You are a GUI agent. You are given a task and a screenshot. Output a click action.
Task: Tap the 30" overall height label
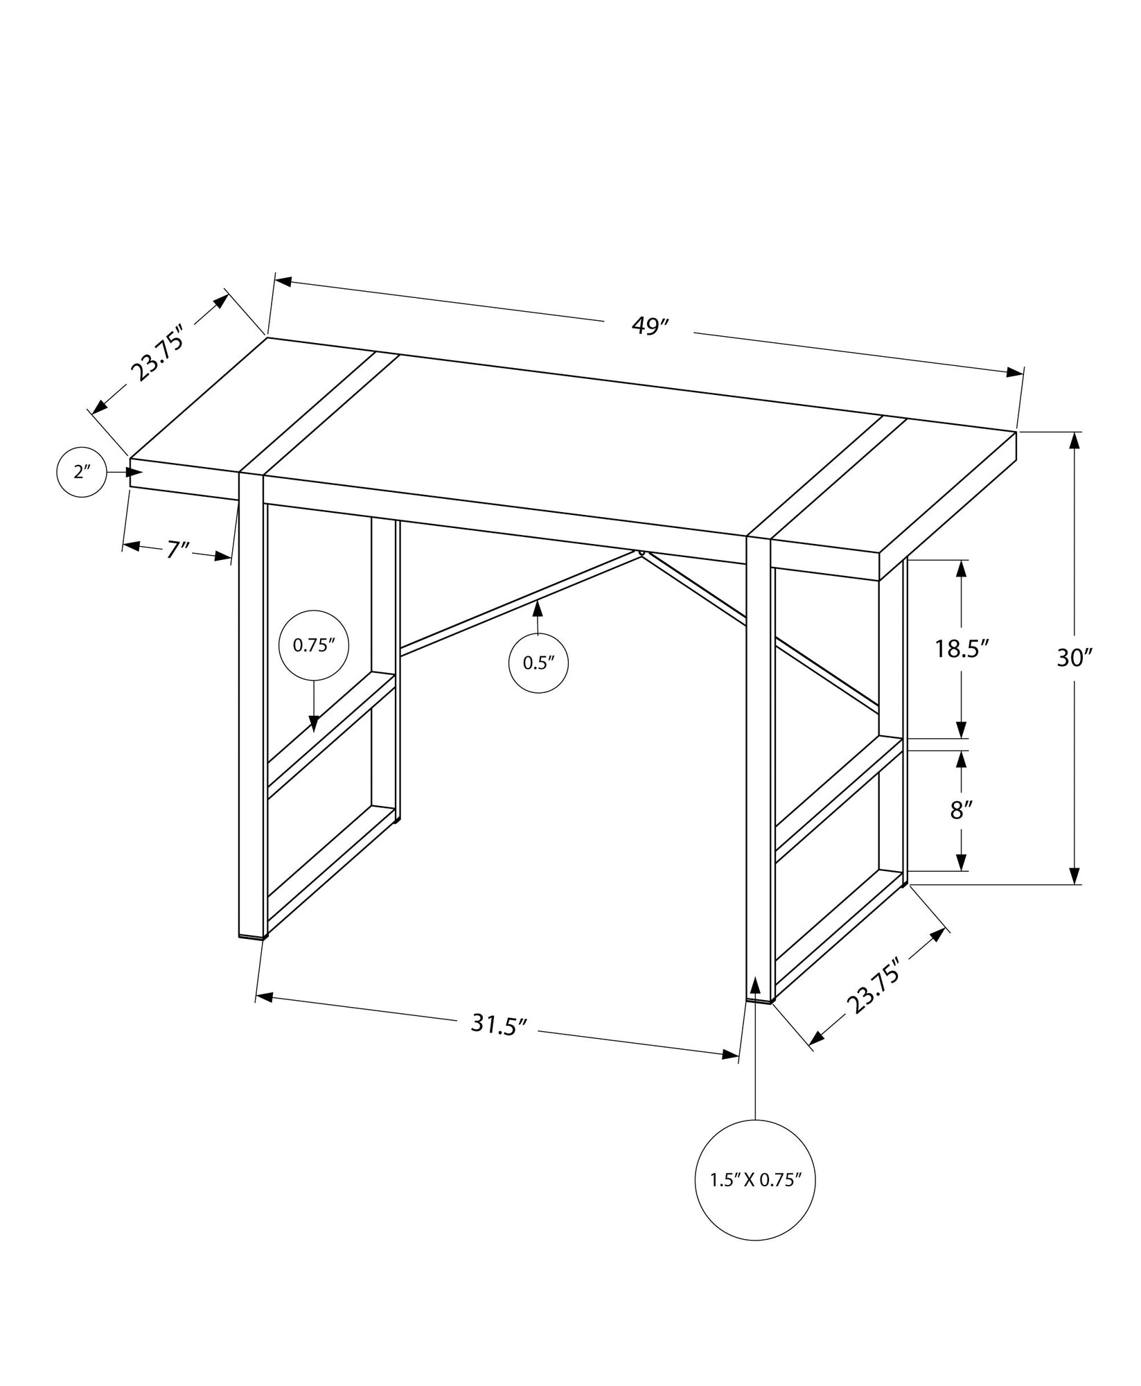tap(1073, 658)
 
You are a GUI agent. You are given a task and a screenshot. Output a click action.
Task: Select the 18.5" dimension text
tap(961, 649)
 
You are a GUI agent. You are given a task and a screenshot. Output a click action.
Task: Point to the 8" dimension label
tap(959, 809)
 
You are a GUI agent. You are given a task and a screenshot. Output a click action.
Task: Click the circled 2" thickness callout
tap(82, 473)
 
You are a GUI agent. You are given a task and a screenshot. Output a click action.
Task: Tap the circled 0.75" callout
tap(313, 645)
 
